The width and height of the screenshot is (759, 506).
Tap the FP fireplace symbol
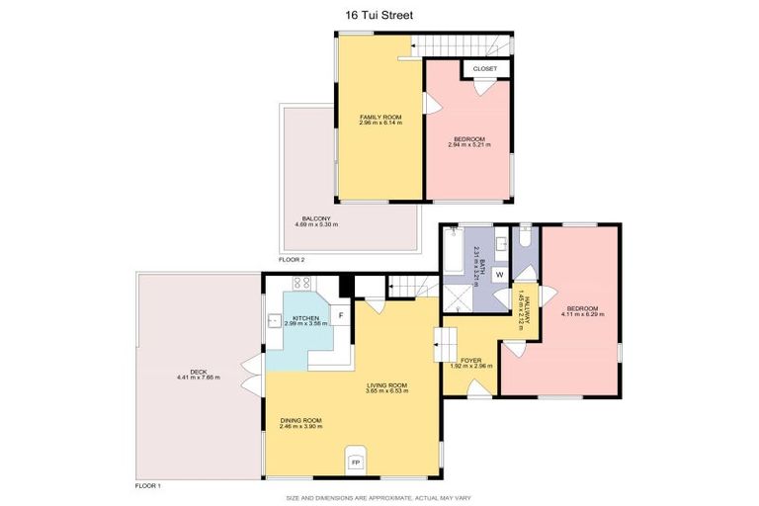(x=355, y=463)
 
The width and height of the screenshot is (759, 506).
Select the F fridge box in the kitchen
(x=341, y=315)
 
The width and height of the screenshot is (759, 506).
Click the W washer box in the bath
(x=499, y=274)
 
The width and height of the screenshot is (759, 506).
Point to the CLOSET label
(x=485, y=68)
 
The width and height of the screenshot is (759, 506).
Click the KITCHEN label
(x=304, y=318)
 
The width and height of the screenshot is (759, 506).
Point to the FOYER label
(x=470, y=360)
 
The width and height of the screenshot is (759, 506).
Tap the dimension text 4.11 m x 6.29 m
(x=583, y=314)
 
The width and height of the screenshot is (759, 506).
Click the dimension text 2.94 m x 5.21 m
(x=469, y=144)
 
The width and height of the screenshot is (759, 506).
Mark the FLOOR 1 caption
(x=147, y=486)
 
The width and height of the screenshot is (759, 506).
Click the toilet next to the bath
(x=524, y=239)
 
